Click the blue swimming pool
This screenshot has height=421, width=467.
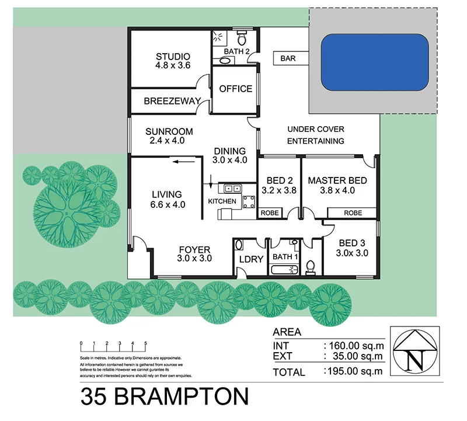[x=375, y=62]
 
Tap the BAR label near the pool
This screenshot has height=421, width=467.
[x=288, y=58]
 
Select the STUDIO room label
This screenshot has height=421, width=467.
[x=173, y=57]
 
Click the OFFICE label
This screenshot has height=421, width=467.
[x=235, y=89]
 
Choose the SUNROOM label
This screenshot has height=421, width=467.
[x=169, y=131]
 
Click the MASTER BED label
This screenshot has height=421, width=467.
[x=337, y=180]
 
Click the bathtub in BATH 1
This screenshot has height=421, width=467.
[x=284, y=269]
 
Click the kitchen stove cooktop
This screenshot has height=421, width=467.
[x=249, y=202]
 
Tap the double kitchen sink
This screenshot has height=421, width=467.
[x=230, y=188]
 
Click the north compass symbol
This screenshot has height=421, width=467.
[x=416, y=353]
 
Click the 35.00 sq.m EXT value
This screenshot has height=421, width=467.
[x=356, y=355]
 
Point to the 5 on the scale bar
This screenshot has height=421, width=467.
[x=145, y=343]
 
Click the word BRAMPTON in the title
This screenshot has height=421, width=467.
[x=182, y=396]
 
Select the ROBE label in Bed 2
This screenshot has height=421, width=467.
[x=269, y=214]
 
